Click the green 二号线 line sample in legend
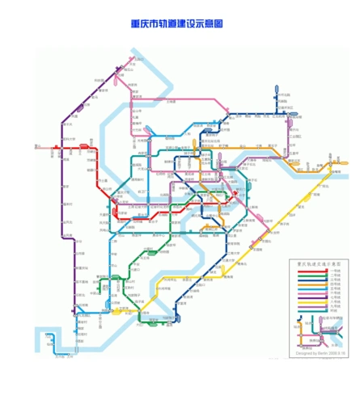click(x=311, y=276)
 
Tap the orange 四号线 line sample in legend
click(x=311, y=285)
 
